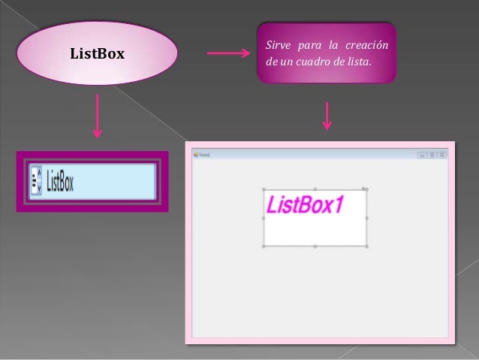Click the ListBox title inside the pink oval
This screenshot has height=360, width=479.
pos(97,54)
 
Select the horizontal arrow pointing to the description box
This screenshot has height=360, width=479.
pos(227,53)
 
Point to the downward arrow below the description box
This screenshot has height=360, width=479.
pos(327,115)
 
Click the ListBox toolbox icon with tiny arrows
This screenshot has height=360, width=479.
pos(36,181)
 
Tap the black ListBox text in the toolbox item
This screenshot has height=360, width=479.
pos(60,182)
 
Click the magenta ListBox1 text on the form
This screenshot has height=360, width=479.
pos(305,204)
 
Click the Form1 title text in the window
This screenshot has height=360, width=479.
pos(204,155)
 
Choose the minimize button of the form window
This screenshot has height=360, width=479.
pos(423,155)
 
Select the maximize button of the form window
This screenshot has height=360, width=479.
pos(432,155)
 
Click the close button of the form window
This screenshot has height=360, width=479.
pos(442,155)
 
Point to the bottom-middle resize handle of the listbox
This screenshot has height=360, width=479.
pos(315,246)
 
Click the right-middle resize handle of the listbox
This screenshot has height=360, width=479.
pos(366,218)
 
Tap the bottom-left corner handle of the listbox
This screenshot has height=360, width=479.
pos(264,246)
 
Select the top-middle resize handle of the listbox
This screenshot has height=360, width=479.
pos(315,189)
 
